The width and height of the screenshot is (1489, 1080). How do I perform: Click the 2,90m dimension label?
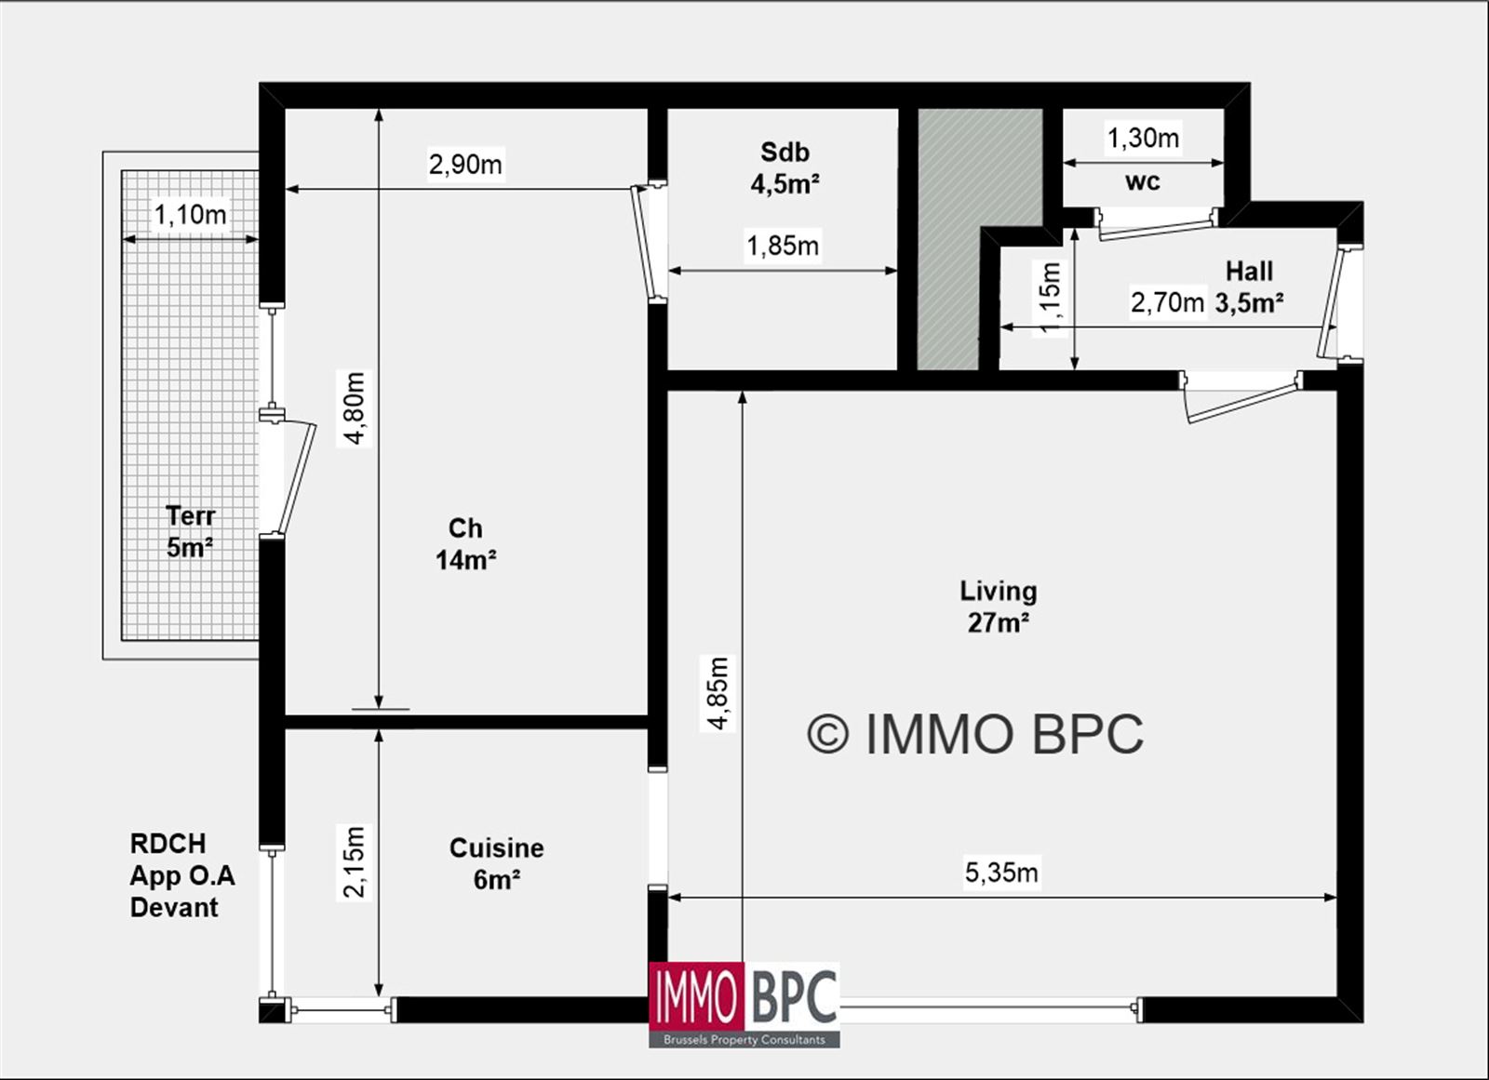pos(465,164)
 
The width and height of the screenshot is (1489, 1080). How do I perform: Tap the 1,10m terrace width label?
pos(191,215)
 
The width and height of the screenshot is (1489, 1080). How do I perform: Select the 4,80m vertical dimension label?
pos(355,408)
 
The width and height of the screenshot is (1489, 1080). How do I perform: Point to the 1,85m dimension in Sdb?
pos(783,246)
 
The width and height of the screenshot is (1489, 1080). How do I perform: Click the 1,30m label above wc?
pos(1143,139)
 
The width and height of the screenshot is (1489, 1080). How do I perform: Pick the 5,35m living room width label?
pos(1001,873)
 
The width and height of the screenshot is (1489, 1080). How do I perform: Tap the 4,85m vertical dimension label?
pos(718,693)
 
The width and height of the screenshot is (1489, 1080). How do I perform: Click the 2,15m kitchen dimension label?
pos(355,862)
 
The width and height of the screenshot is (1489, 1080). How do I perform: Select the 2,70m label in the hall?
pos(1167,303)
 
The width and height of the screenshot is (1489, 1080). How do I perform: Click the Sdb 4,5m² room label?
pos(785,168)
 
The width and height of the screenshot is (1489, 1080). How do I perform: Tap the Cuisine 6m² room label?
pos(497,864)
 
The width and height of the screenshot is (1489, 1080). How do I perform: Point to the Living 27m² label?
pos(999,607)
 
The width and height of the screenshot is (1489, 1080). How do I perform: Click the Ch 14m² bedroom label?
pos(466,544)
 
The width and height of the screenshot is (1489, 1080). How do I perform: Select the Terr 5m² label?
pos(190,532)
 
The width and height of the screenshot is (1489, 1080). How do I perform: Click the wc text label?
pos(1143,181)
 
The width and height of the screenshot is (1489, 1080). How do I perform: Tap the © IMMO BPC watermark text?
pos(976,734)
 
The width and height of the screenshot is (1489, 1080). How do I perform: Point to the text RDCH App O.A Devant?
pos(182,875)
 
